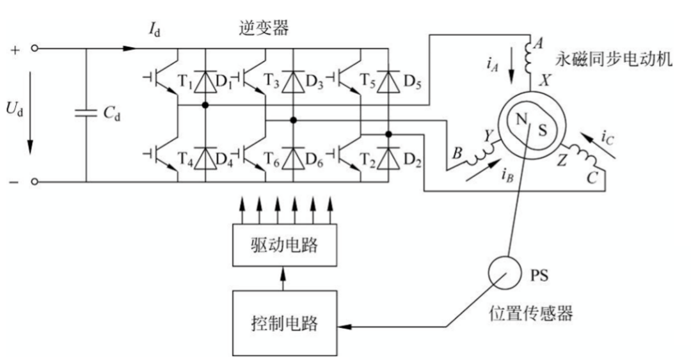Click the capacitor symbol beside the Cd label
point(86,114)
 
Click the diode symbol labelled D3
point(294,81)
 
